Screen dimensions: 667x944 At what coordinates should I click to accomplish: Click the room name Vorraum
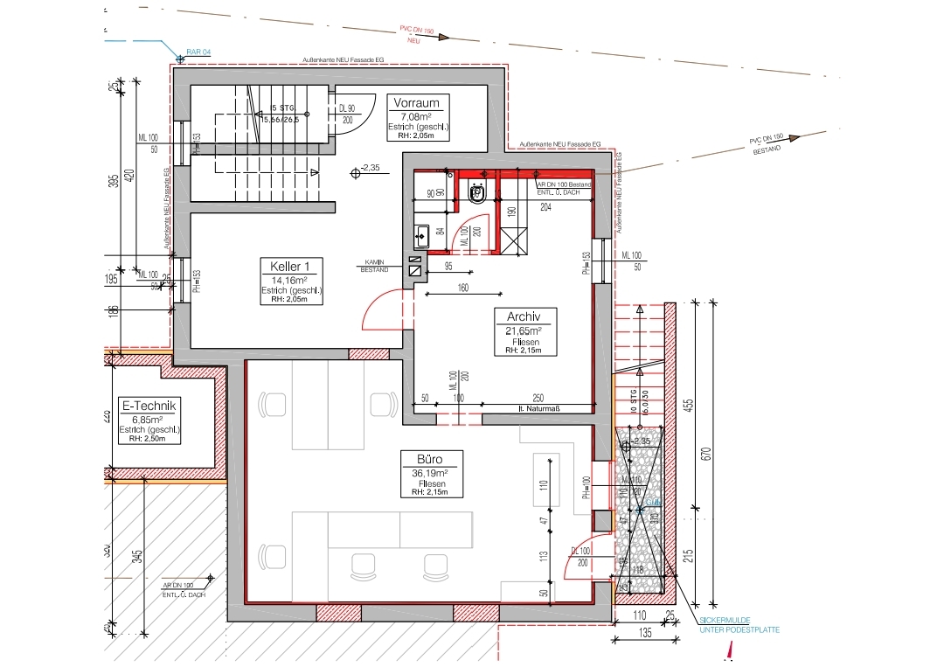[416, 102]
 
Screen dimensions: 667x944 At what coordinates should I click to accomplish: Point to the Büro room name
[423, 459]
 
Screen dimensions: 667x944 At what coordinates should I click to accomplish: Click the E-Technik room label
[149, 406]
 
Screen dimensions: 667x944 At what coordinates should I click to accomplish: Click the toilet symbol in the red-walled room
[478, 194]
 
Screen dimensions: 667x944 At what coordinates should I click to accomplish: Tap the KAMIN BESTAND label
[376, 266]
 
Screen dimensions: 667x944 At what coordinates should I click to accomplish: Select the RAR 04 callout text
[199, 52]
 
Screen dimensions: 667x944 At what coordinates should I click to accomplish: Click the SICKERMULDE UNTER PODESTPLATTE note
[739, 625]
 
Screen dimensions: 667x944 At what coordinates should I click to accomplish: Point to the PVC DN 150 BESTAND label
[767, 143]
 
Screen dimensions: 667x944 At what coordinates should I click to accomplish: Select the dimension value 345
[137, 557]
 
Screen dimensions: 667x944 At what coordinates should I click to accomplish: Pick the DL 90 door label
[346, 109]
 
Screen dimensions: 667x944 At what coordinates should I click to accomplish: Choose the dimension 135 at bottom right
[644, 632]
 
